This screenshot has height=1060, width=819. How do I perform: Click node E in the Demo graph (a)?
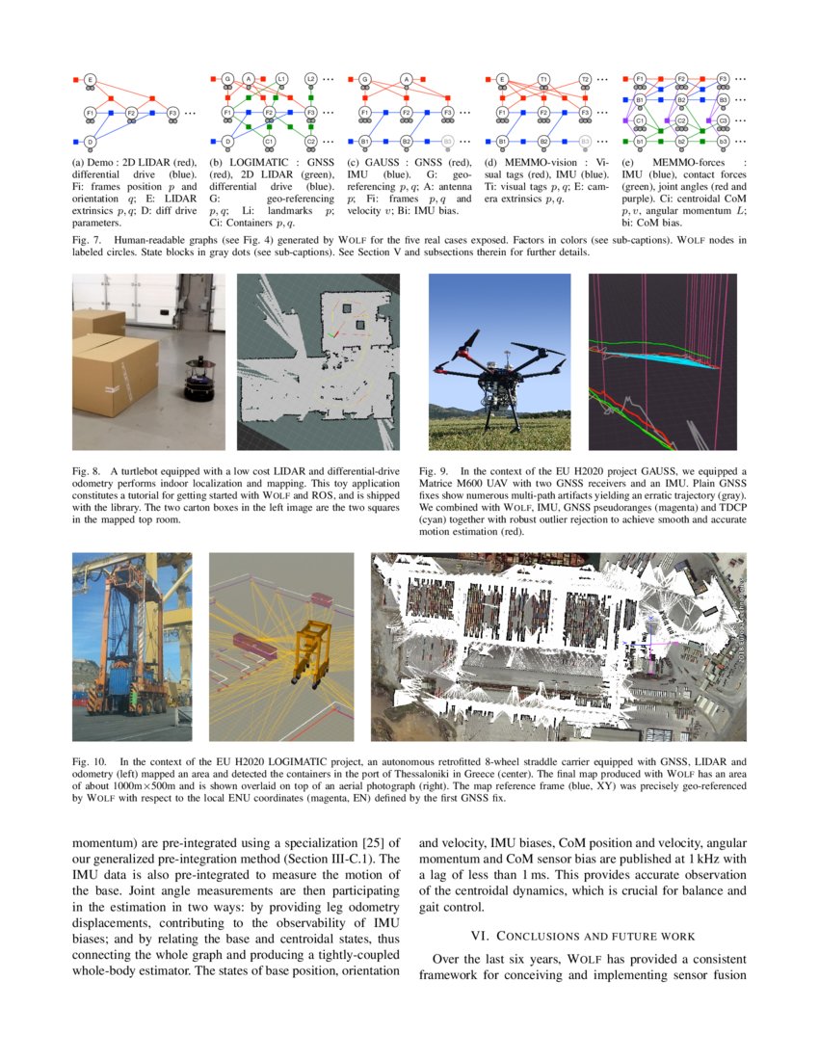(90, 78)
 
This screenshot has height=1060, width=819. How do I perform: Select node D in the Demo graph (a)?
(90, 142)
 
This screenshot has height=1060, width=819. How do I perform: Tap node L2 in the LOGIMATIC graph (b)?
(310, 78)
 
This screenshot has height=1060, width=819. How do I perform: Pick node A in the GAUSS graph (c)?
(407, 78)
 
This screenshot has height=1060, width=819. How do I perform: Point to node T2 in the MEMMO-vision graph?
(585, 78)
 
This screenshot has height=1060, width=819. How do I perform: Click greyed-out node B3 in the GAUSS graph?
(448, 142)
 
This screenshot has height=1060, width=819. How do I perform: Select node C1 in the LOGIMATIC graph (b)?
(269, 142)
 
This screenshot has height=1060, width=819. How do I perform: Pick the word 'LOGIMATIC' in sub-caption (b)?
(250, 162)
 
